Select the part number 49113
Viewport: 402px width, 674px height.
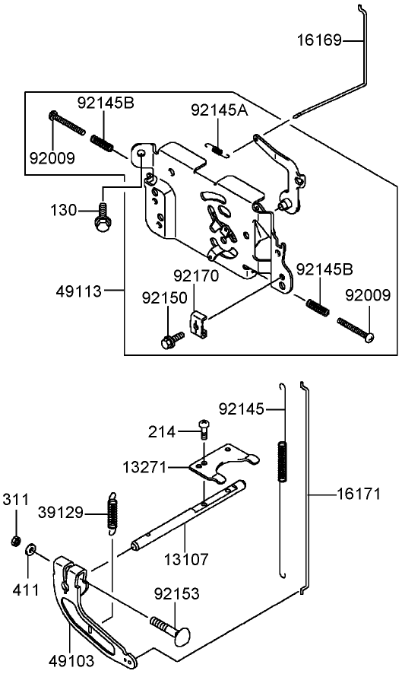point(81,289)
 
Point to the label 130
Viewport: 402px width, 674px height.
point(64,209)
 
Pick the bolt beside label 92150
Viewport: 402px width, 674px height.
point(172,339)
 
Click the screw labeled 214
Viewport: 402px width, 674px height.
point(203,429)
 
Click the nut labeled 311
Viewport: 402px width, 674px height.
point(14,541)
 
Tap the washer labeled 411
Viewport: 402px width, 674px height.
point(30,548)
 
